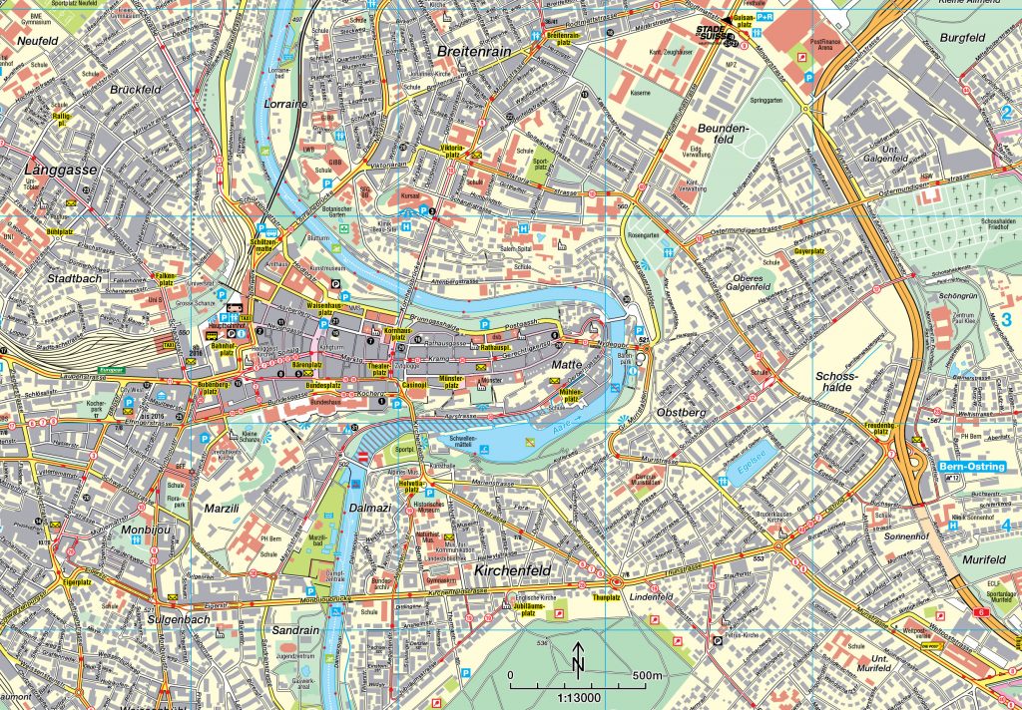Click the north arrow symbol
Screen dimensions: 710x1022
click(x=578, y=659)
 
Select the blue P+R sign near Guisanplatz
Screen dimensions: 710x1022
click(x=765, y=18)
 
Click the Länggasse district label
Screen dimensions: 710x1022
click(x=61, y=171)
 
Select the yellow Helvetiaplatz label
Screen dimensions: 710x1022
click(x=411, y=486)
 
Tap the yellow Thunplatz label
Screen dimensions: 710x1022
click(x=607, y=597)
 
